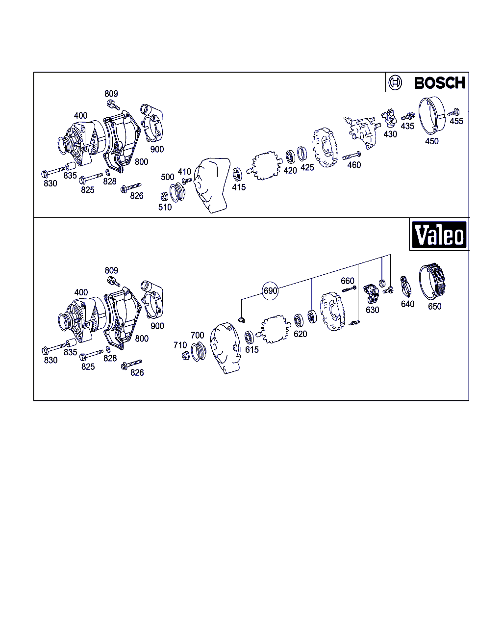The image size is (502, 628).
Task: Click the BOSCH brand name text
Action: tap(439, 83)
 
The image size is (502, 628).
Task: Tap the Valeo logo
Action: tap(439, 235)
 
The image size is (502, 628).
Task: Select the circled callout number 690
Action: tap(270, 290)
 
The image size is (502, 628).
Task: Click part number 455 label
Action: tap(456, 121)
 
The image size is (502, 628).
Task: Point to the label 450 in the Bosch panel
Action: tap(432, 141)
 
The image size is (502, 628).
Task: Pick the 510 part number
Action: tap(165, 207)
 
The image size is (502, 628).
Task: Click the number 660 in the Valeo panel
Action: tap(348, 281)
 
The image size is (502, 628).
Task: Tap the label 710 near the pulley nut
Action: tap(180, 345)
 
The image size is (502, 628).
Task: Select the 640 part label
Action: tap(407, 304)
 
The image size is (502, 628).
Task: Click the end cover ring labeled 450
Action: tap(432, 115)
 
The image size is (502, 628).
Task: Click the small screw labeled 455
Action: tap(454, 112)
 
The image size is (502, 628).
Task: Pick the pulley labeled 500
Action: tap(177, 193)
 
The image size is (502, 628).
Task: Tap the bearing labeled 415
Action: tap(237, 174)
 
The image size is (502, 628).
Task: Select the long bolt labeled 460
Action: tap(351, 156)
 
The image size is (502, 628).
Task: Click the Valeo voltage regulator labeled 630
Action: tap(371, 294)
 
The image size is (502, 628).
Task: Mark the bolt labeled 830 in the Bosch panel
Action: tap(53, 172)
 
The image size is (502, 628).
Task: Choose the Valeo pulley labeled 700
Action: tap(199, 352)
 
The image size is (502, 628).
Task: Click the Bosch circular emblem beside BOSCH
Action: tap(395, 83)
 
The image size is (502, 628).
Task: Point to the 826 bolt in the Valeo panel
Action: tap(131, 364)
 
